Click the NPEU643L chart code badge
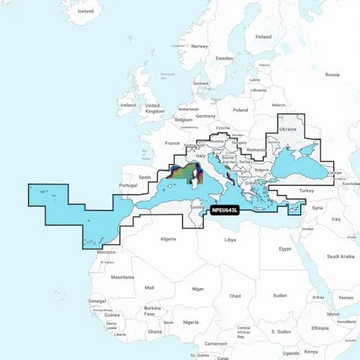click(x=226, y=210)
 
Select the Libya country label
click(x=230, y=239)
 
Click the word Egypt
click(x=285, y=248)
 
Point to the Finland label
click(x=264, y=37)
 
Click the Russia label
click(x=332, y=74)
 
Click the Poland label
click(x=240, y=110)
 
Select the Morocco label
click(x=106, y=252)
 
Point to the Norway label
click(x=199, y=46)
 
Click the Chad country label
click(x=235, y=295)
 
